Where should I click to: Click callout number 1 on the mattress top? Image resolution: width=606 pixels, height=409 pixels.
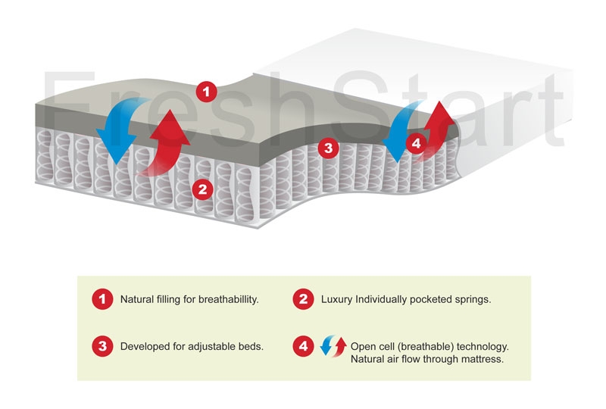click(x=206, y=92)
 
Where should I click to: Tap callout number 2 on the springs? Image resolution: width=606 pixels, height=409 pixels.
click(x=202, y=189)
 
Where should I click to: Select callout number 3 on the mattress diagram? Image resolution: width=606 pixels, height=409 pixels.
click(x=328, y=148)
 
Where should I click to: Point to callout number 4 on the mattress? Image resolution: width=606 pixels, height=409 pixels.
click(x=416, y=143)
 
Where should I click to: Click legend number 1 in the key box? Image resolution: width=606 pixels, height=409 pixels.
click(x=102, y=299)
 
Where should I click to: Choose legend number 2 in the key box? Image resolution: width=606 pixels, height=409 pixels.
click(x=304, y=299)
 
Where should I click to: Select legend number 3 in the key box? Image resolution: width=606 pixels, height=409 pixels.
click(x=102, y=346)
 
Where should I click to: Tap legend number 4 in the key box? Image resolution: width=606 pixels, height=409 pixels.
click(x=304, y=346)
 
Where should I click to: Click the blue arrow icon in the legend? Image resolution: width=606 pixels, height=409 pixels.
click(x=326, y=346)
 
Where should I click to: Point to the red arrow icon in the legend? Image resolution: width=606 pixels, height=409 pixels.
click(x=339, y=345)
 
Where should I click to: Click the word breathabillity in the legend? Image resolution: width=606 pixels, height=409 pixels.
click(x=229, y=300)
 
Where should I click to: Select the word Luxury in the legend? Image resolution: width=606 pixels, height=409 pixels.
click(x=336, y=300)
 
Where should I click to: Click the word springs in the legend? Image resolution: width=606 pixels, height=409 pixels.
click(x=473, y=300)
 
